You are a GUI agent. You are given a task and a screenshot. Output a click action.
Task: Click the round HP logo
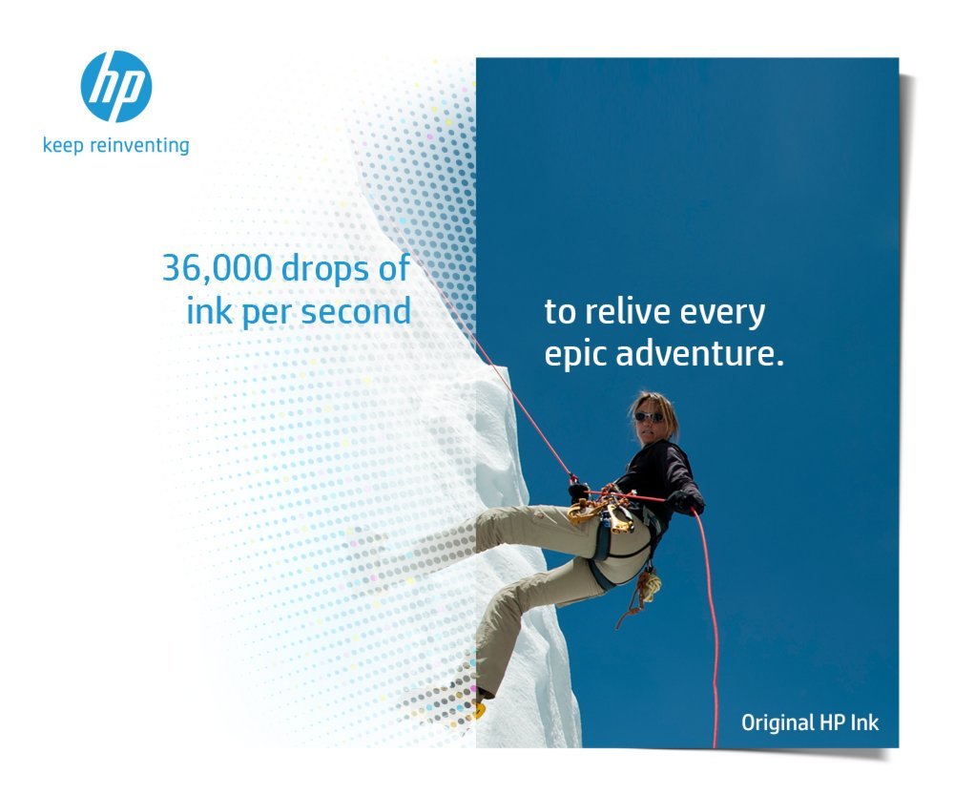click(x=116, y=87)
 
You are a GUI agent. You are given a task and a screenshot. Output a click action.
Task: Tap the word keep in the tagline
click(x=61, y=147)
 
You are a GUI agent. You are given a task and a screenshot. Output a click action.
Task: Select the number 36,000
click(x=218, y=269)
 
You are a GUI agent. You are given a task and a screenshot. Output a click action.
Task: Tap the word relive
click(x=631, y=312)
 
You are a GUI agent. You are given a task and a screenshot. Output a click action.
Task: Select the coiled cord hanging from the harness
click(x=650, y=584)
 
